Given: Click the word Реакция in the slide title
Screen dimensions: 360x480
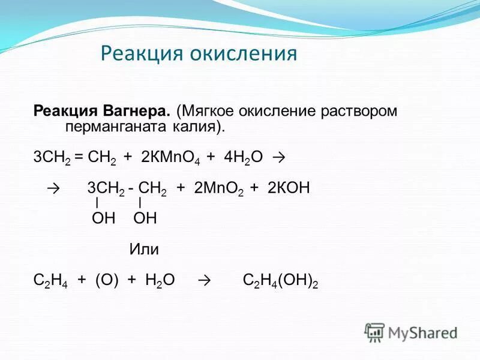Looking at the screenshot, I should tap(142, 54).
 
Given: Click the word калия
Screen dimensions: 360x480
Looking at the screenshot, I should tap(196, 127).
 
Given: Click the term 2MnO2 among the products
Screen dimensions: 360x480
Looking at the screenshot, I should tap(218, 189).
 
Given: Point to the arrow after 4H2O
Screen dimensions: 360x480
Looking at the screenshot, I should tap(277, 158).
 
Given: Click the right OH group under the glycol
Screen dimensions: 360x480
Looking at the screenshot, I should tap(145, 218).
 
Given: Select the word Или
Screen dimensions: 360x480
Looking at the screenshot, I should tap(144, 250).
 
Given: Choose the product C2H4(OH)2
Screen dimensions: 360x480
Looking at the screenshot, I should tap(280, 280).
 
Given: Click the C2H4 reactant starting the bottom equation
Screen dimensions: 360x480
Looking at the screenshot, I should tap(50, 280).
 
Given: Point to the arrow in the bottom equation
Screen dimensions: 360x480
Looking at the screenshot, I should tap(205, 280).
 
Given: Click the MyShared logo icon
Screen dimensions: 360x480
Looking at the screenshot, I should tap(375, 331).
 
